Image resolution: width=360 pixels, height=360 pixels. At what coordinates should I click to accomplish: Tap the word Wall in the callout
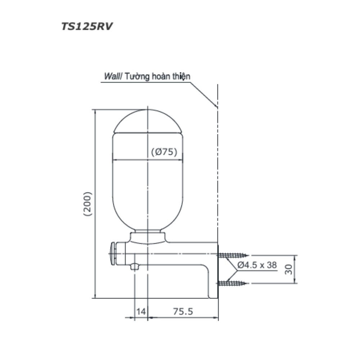point(112,76)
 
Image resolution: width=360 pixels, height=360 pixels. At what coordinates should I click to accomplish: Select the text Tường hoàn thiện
point(158,76)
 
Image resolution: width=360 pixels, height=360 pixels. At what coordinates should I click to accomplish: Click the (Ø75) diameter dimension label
point(164,152)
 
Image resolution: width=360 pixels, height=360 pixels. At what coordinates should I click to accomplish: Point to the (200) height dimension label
point(87,204)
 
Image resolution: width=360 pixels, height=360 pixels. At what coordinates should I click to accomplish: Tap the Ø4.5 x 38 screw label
point(257,265)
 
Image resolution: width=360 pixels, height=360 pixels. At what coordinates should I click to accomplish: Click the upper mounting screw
point(233,255)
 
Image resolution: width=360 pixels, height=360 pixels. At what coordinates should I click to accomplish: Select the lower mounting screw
point(233,283)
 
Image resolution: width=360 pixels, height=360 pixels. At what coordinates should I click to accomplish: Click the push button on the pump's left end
point(112,253)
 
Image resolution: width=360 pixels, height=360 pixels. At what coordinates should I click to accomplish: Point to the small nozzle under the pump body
point(135,266)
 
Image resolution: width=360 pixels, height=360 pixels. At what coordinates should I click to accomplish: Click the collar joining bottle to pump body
point(148,237)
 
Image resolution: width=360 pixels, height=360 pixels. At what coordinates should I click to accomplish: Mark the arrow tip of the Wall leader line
point(216,107)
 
